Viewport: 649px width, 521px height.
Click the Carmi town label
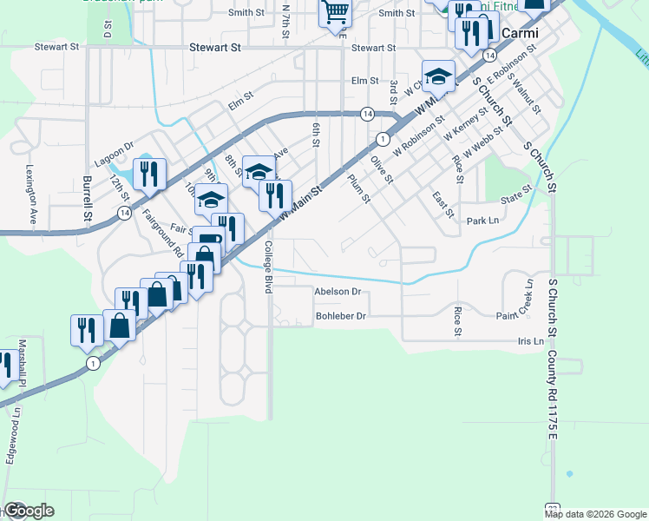point(517,33)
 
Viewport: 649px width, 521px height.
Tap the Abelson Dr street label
point(338,293)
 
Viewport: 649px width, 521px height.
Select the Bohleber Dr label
point(341,316)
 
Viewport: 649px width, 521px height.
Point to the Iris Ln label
point(531,341)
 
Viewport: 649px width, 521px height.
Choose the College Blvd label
point(268,267)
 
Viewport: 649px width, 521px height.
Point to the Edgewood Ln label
point(12,442)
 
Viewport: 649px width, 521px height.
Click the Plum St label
point(358,188)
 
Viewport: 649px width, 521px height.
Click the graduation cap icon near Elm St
point(439,76)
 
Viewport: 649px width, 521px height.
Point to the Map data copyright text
point(595,514)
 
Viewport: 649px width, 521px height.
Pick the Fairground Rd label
point(163,235)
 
